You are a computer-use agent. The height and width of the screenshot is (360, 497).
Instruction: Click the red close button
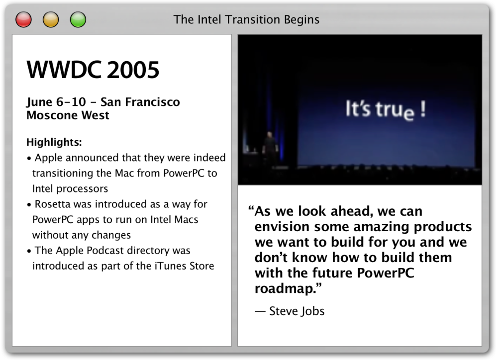click(23, 19)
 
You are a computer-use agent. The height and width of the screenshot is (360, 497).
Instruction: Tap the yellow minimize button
click(51, 19)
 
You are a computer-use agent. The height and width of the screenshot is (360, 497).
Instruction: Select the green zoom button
click(78, 19)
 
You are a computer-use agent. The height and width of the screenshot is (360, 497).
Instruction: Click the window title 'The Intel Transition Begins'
click(246, 20)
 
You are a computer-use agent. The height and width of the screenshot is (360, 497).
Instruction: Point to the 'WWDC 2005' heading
click(93, 70)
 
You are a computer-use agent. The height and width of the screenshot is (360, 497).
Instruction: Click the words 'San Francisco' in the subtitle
click(140, 102)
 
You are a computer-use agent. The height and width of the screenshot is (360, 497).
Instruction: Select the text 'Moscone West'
click(68, 115)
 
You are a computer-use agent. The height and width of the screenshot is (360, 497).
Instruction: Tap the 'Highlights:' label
click(54, 142)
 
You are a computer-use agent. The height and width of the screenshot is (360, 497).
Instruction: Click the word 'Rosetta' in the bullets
click(53, 204)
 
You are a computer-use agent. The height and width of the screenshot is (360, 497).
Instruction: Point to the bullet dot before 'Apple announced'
click(29, 158)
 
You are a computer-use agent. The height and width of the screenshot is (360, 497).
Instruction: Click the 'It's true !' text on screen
click(386, 110)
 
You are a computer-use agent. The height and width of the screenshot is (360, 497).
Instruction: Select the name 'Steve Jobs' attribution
click(297, 311)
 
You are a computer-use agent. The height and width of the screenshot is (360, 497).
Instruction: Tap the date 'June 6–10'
click(56, 102)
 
